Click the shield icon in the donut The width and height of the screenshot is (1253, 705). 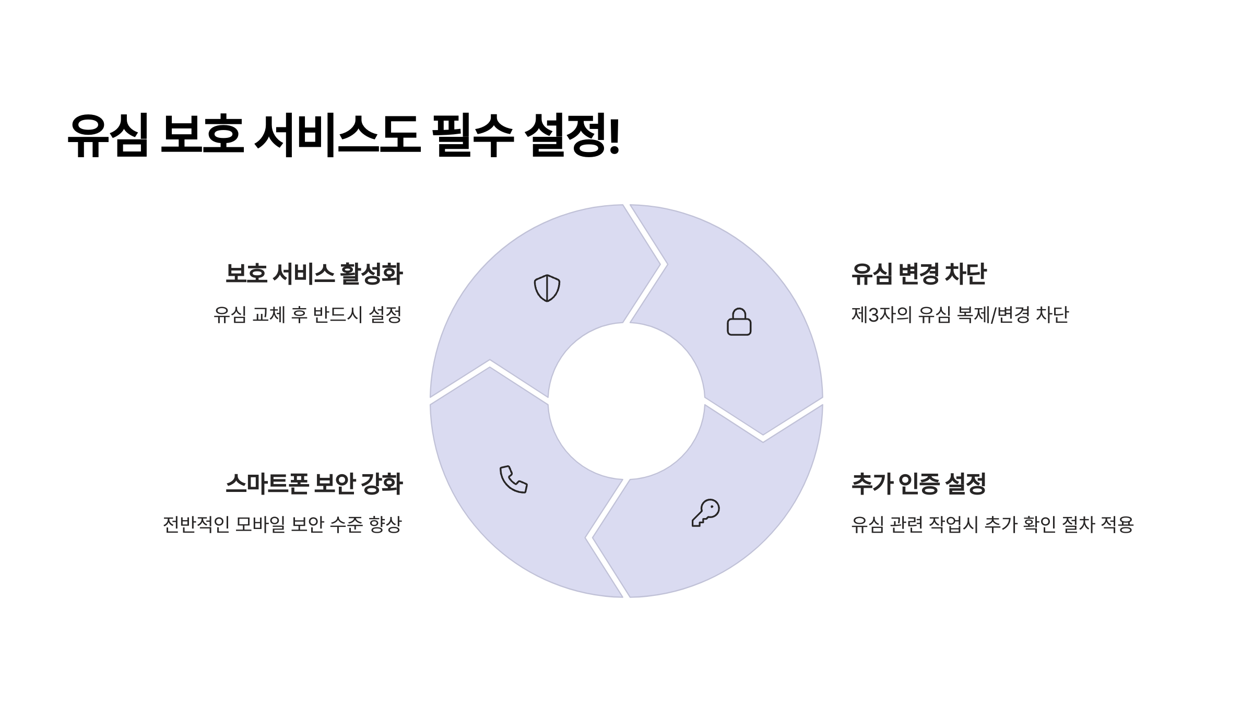click(x=547, y=288)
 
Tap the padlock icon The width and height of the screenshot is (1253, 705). click(x=739, y=322)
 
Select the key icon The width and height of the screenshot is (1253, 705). click(x=706, y=513)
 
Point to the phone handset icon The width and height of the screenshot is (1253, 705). click(x=513, y=479)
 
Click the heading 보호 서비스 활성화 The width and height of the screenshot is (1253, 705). click(x=314, y=274)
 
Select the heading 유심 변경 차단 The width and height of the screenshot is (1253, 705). click(x=919, y=274)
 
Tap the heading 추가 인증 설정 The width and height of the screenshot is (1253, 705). click(x=918, y=484)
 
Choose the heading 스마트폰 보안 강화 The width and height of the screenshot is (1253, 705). click(x=314, y=484)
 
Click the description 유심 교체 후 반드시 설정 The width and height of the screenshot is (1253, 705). click(x=308, y=315)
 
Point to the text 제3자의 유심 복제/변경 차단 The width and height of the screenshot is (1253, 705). click(x=960, y=315)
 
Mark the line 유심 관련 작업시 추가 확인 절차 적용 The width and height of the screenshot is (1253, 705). click(x=992, y=524)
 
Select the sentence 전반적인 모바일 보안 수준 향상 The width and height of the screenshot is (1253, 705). click(x=282, y=524)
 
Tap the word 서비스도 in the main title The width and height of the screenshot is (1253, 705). click(x=337, y=135)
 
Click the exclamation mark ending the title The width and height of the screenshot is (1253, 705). click(x=614, y=135)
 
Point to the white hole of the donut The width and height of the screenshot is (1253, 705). click(x=626, y=401)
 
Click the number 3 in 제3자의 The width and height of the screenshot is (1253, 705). click(x=874, y=315)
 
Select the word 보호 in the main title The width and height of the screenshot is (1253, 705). click(x=202, y=135)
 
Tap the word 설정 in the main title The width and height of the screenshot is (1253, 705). click(x=566, y=135)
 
